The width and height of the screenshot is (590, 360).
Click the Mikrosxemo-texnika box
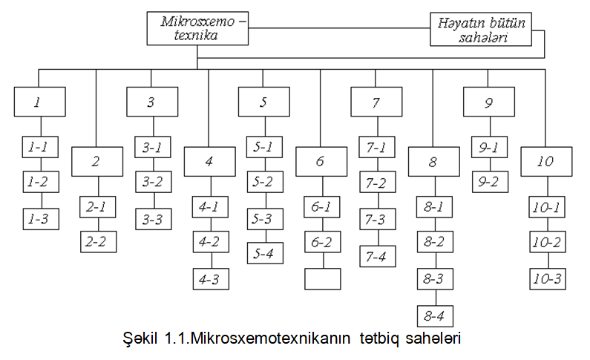(197, 29)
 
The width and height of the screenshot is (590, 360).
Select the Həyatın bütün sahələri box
(481, 30)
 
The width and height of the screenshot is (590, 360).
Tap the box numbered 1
(40, 102)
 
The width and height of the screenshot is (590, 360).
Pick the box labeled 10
(546, 162)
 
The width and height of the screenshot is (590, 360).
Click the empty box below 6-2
(323, 279)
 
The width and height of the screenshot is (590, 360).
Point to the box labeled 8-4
(436, 316)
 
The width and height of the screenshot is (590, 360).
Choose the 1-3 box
(41, 219)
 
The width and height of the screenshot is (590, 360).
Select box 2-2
(99, 242)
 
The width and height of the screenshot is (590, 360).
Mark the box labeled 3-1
(153, 147)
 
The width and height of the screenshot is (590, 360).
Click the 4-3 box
(211, 279)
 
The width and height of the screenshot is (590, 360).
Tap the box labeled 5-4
(265, 253)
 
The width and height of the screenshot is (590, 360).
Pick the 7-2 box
(378, 182)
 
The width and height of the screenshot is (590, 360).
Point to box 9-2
(491, 182)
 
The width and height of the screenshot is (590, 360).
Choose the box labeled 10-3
(548, 279)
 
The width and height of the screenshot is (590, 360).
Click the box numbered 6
(321, 162)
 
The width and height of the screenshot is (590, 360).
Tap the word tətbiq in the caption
(378, 338)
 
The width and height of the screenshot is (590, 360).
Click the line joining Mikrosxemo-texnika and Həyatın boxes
(339, 28)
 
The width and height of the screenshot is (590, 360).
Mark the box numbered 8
(434, 162)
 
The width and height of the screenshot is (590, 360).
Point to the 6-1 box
(322, 207)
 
